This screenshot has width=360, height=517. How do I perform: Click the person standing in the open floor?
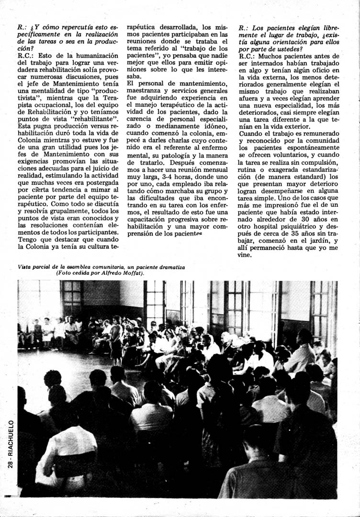[116, 335]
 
